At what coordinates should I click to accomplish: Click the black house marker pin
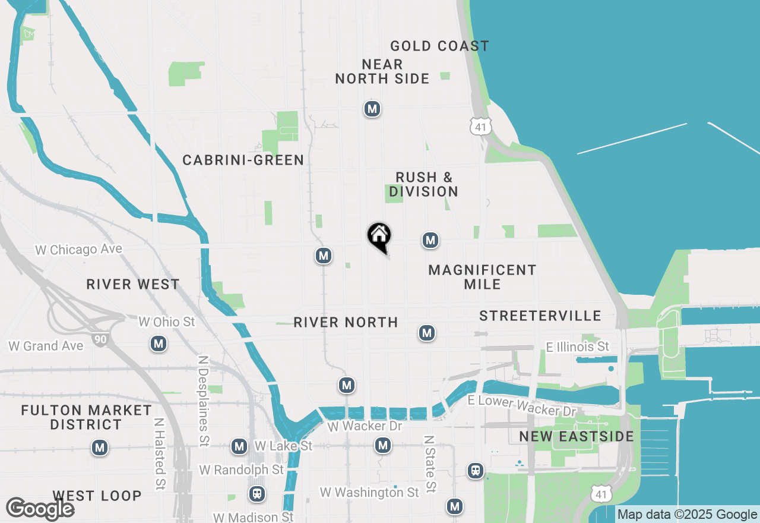(379, 236)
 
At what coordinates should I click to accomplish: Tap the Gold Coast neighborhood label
(439, 46)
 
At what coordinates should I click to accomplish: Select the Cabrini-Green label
(243, 160)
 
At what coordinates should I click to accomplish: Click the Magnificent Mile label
(482, 277)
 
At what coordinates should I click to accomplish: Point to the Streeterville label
(540, 316)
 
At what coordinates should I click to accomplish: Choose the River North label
(346, 322)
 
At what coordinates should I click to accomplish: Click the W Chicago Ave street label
(78, 250)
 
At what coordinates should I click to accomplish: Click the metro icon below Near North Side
(372, 109)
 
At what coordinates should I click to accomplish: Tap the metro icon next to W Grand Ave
(158, 344)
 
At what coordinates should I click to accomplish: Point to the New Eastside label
(576, 437)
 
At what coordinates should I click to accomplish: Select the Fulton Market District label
(86, 417)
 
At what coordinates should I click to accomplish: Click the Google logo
(40, 509)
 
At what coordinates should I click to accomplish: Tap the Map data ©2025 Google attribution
(687, 515)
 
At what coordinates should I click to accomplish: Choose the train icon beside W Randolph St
(257, 493)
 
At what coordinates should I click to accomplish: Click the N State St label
(430, 464)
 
